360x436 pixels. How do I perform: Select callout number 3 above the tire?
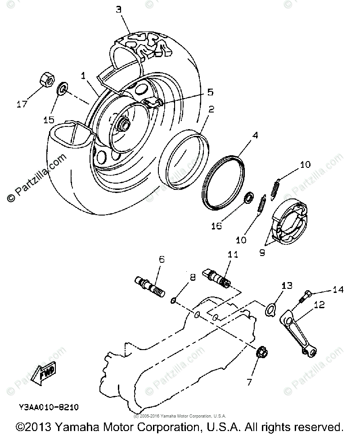(x=118, y=9)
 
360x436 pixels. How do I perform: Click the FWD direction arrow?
(x=43, y=373)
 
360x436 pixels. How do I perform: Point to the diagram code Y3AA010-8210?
(x=49, y=408)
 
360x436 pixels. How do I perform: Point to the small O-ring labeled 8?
(x=174, y=300)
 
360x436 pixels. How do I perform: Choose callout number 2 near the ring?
(x=211, y=109)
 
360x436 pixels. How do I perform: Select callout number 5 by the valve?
(x=210, y=92)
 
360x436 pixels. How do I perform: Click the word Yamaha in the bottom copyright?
(x=79, y=426)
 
